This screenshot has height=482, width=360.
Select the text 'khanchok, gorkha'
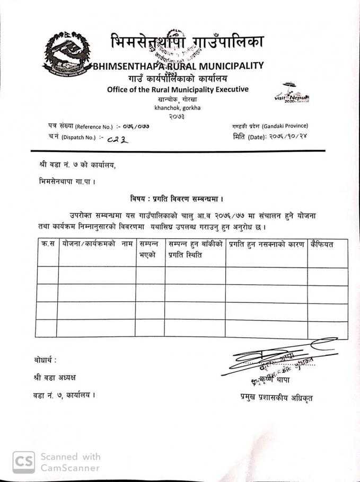point(177,108)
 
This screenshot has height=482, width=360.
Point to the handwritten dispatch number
point(117,140)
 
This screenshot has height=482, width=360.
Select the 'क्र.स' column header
point(48,245)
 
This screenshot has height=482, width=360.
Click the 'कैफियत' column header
point(325,245)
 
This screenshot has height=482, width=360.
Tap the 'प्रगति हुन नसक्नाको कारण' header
point(266,245)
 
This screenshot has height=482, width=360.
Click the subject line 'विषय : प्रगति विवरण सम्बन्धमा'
point(176,199)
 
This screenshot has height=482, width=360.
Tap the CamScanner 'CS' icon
point(24,462)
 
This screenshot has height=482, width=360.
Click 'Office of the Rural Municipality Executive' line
point(178,89)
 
